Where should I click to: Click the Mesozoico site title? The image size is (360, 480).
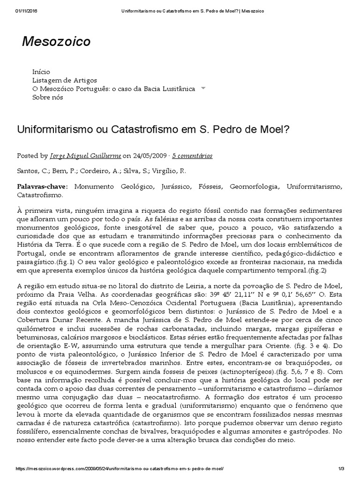(56, 42)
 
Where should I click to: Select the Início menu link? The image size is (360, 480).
(41, 72)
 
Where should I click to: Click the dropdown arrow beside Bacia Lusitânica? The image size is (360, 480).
(203, 88)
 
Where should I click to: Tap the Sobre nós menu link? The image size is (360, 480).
(47, 97)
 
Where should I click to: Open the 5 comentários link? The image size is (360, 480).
(192, 156)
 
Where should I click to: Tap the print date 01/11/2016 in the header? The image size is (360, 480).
(26, 11)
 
